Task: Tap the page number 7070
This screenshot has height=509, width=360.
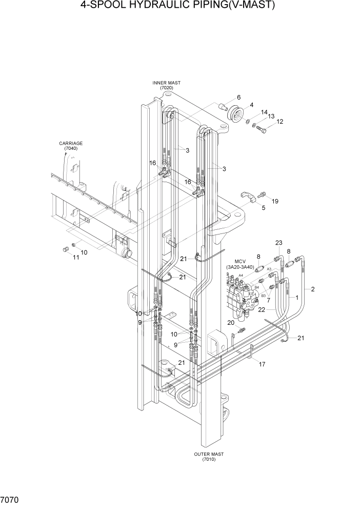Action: tap(11, 498)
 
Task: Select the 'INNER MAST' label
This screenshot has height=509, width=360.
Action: tap(166, 83)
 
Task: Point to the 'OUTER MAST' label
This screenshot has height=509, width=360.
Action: tap(209, 454)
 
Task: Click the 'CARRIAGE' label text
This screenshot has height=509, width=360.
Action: tap(71, 144)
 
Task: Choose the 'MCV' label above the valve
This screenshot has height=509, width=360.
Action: tap(239, 261)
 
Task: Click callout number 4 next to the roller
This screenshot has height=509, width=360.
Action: tap(251, 105)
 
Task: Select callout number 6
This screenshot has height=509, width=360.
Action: tap(238, 97)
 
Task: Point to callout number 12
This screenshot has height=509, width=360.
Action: tap(280, 122)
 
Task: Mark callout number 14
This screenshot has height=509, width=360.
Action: tap(264, 112)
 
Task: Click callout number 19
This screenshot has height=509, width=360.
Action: tap(275, 201)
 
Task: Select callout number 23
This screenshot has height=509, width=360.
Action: tap(278, 243)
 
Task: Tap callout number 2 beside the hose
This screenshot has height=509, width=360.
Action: tap(312, 289)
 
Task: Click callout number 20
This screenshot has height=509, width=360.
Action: tap(231, 323)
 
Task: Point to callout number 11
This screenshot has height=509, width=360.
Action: tap(75, 258)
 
